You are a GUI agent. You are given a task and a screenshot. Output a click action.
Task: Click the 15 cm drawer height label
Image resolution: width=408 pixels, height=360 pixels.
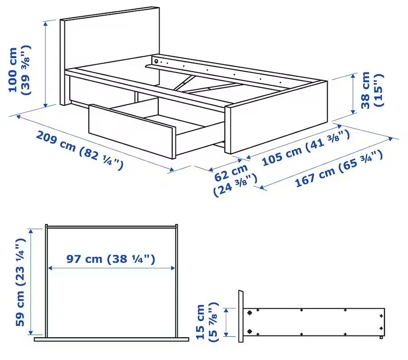click(207, 321)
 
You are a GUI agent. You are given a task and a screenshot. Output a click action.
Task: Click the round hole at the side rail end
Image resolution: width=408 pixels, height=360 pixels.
click(156, 61)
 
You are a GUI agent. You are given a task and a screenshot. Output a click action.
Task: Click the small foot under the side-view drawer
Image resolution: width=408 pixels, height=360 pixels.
click(382, 337)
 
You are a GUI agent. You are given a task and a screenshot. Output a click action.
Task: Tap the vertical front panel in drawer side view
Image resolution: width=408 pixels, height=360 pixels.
click(241, 316)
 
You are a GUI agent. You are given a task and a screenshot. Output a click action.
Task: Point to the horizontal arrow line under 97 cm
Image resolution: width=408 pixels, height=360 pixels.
click(111, 268)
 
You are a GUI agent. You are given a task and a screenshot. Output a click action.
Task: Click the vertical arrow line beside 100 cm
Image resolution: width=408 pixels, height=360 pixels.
click(46, 63)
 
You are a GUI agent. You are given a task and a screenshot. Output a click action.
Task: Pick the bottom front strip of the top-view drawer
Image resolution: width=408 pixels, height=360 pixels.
click(111, 339)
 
